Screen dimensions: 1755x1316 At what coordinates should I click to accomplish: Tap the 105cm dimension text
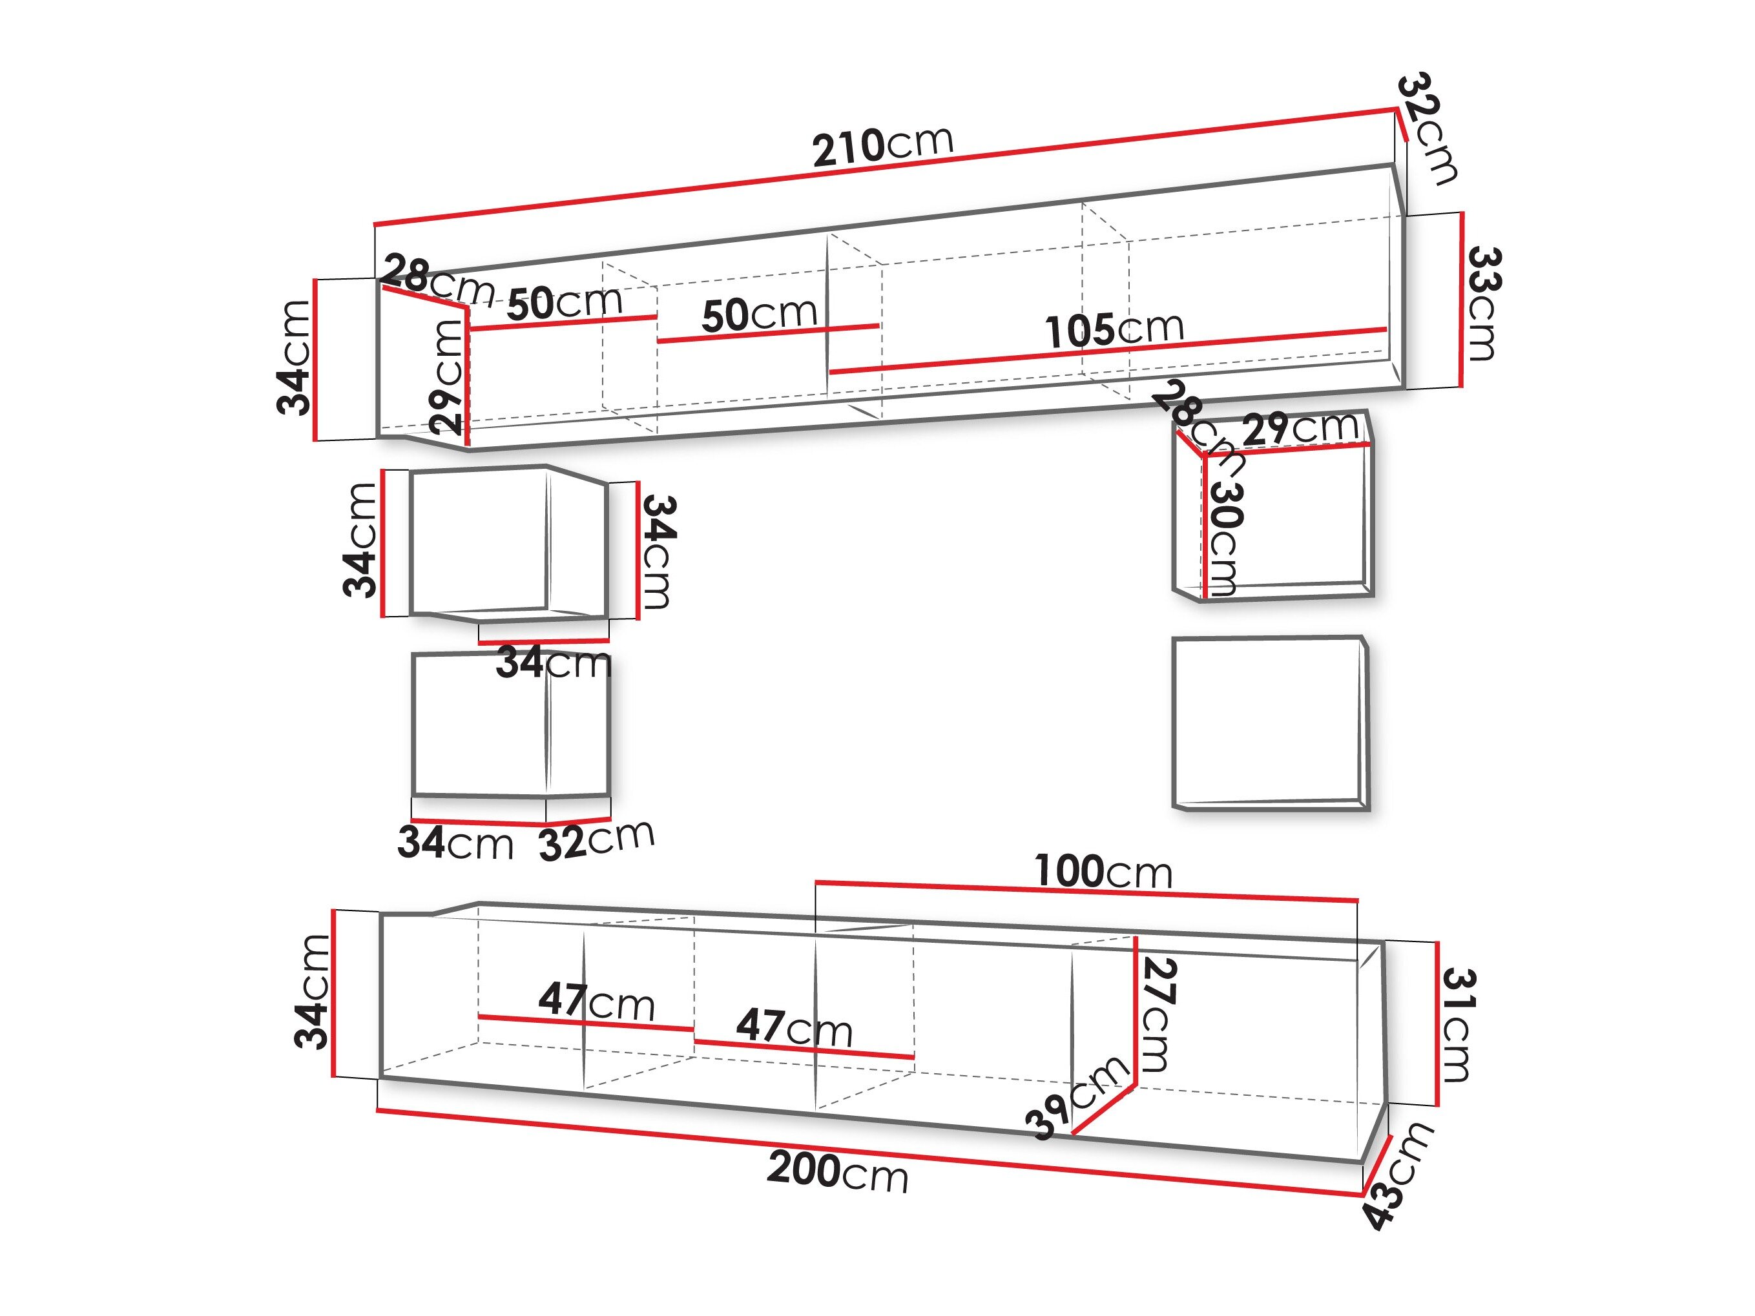(1114, 329)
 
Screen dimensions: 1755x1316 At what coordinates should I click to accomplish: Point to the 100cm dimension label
(1103, 872)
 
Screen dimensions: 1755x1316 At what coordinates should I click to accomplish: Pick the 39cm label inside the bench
(1077, 1098)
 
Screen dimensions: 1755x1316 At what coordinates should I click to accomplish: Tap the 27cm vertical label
(1158, 1014)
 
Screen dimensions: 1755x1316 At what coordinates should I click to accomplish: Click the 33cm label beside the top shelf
(1482, 303)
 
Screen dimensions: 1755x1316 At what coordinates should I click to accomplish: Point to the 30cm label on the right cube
(1224, 539)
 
